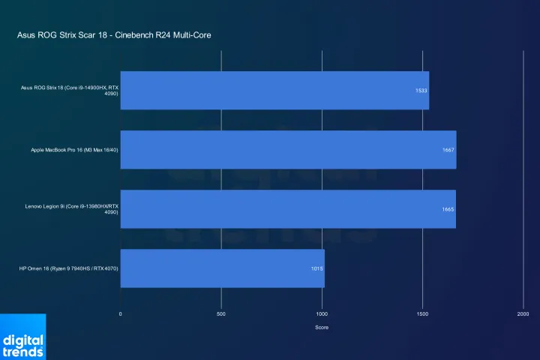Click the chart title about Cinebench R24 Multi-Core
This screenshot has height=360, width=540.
(x=119, y=35)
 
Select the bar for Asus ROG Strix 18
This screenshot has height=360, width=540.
(x=274, y=91)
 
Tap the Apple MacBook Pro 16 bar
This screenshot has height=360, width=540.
(x=288, y=150)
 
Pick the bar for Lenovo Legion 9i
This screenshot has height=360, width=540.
(x=288, y=209)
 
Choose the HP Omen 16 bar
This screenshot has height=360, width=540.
(x=222, y=268)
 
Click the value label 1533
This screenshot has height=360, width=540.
(x=421, y=91)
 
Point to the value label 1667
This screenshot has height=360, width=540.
(x=448, y=150)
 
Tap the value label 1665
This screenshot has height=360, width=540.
(x=448, y=209)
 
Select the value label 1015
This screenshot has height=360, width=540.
(x=317, y=268)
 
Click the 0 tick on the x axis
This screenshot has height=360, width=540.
(x=121, y=313)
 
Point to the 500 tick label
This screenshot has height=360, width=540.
(x=221, y=313)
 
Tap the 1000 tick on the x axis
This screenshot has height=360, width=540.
(x=322, y=313)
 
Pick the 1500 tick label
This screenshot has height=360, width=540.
(x=422, y=313)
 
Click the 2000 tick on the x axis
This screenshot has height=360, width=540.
(x=523, y=313)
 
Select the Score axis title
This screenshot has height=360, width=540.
(x=322, y=327)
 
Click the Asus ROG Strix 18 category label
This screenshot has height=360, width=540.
(x=70, y=91)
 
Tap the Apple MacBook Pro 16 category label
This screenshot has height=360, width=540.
(x=74, y=150)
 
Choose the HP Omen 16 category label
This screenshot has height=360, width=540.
(x=70, y=268)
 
